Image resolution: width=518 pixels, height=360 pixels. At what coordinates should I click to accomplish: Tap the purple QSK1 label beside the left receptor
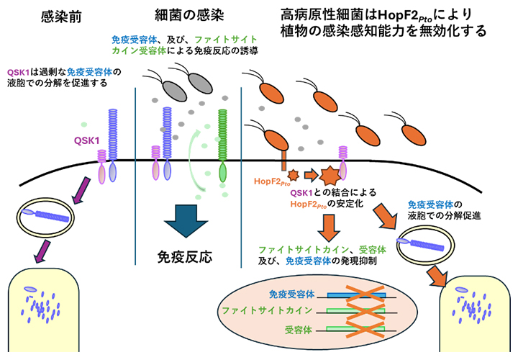[85, 142]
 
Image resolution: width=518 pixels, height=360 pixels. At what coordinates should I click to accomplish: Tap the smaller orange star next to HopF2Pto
[294, 175]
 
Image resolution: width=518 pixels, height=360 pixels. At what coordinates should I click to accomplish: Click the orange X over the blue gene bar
[362, 294]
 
